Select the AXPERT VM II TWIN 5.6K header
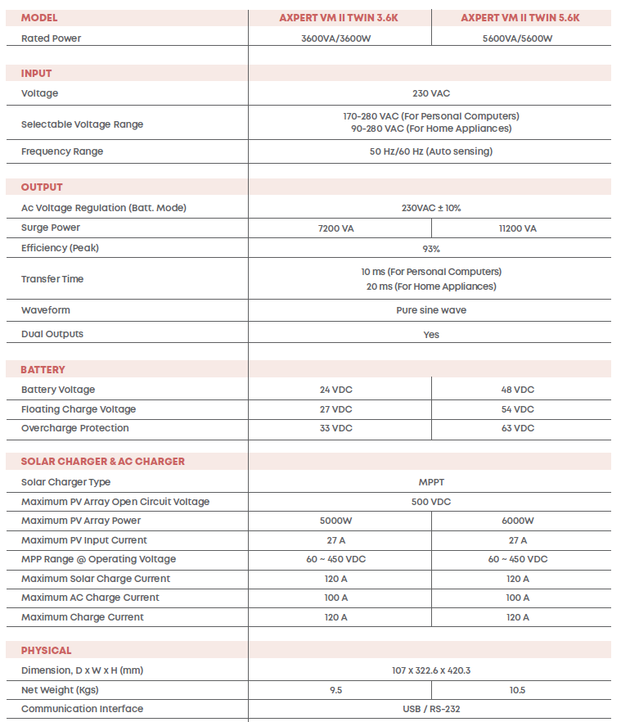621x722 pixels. [520, 17]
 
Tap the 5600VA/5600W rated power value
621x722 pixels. [518, 38]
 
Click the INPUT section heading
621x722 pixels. [37, 74]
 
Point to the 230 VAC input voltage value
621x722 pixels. [431, 93]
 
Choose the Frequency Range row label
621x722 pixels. [62, 151]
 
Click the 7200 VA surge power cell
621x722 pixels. [336, 228]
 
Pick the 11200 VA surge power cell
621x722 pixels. [518, 228]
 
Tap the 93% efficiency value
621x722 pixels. [431, 248]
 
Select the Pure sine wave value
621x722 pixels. [431, 310]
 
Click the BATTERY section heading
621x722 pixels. [43, 370]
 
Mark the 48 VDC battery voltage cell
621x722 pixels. [518, 390]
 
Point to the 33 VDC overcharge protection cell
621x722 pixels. [336, 428]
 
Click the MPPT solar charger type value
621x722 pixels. [431, 482]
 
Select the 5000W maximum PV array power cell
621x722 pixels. [336, 521]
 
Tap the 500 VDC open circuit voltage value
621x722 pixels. [431, 502]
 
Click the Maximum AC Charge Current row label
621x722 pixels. [90, 598]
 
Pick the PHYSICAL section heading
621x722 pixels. [47, 651]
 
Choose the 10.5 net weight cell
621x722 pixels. [518, 690]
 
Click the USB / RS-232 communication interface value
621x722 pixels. [431, 709]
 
